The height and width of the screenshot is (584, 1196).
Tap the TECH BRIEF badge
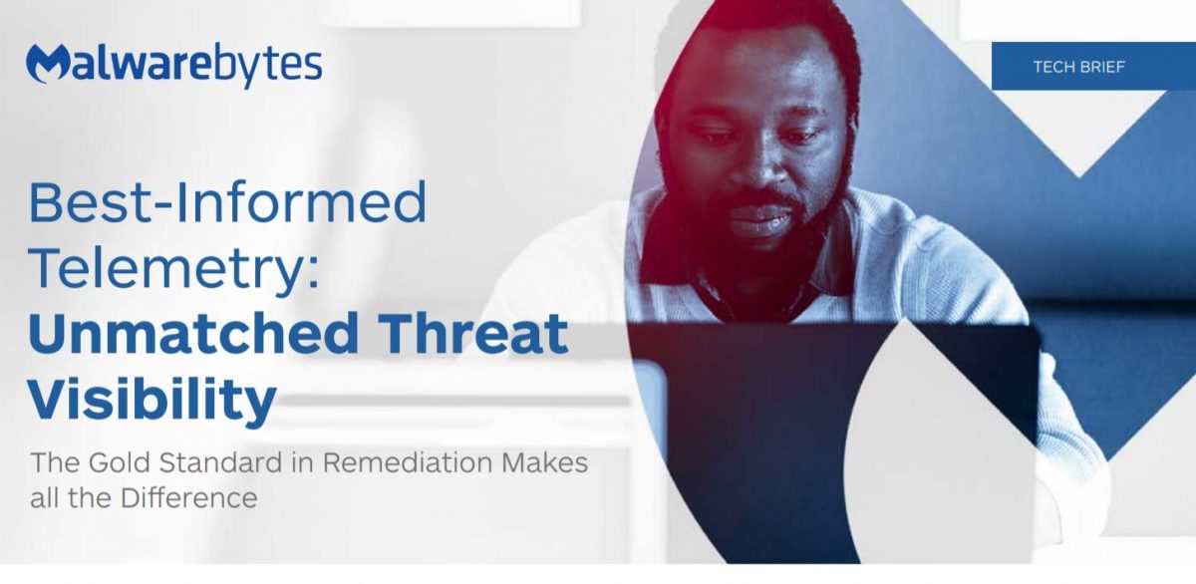point(1092,67)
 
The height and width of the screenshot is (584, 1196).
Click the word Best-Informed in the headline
point(227,203)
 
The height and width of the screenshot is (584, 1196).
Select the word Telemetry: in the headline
point(175,268)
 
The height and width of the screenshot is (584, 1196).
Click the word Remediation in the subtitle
point(408,463)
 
